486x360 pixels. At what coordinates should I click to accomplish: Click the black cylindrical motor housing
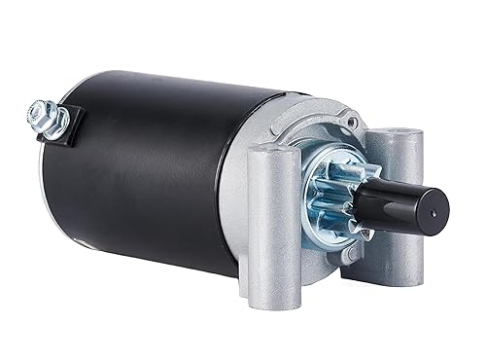pos(146,175)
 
